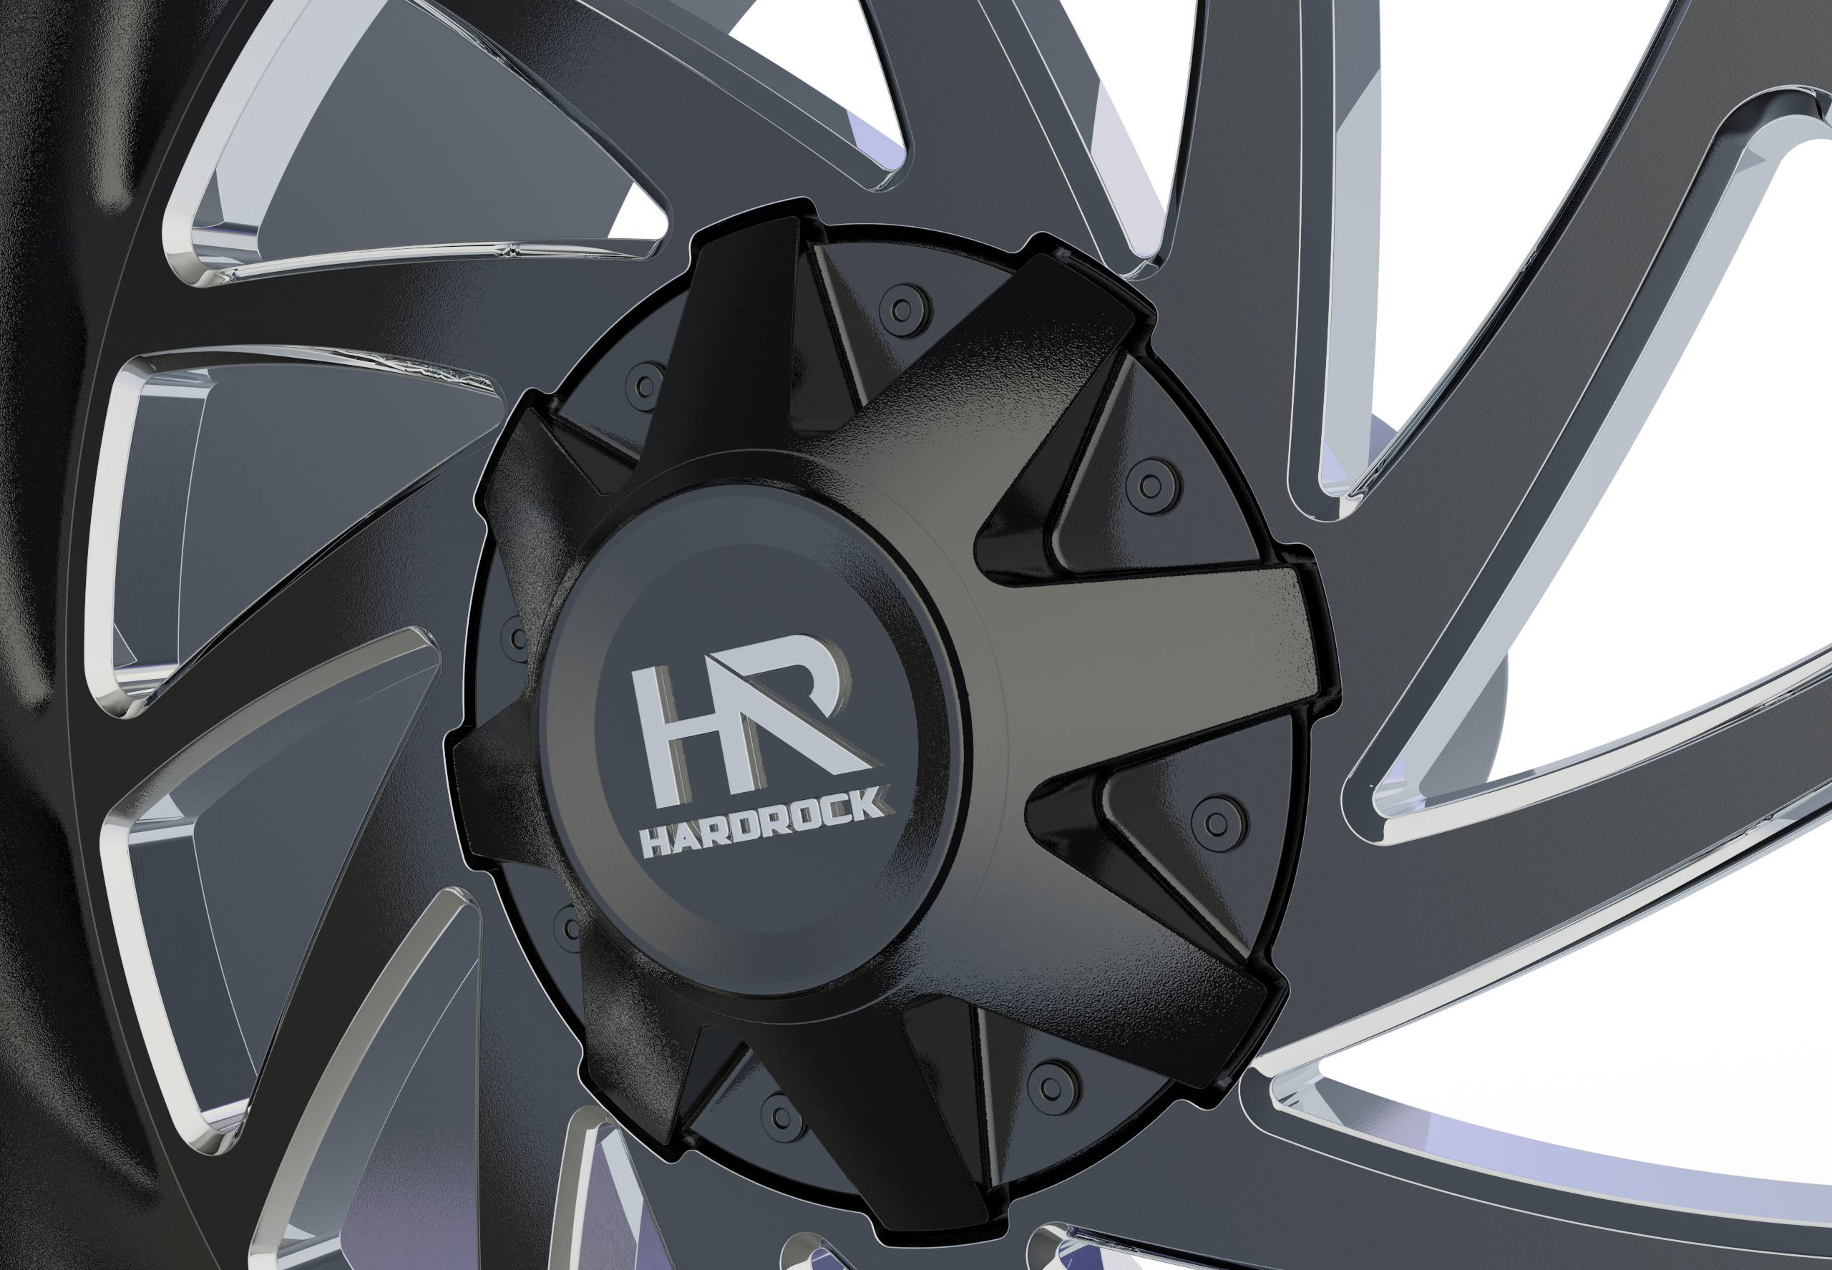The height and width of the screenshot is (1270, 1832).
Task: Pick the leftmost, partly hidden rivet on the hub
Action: [517, 637]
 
